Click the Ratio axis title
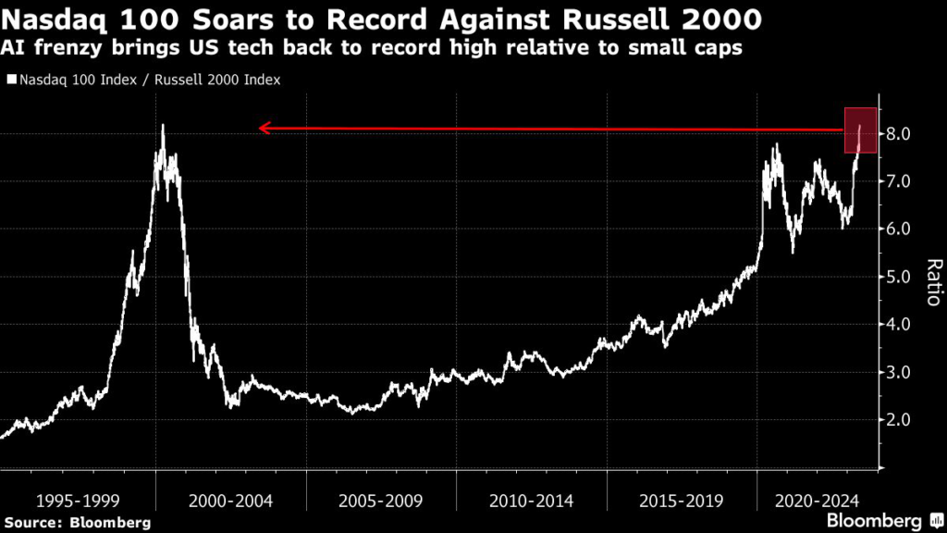pos(933,282)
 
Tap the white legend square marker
pos(10,80)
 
